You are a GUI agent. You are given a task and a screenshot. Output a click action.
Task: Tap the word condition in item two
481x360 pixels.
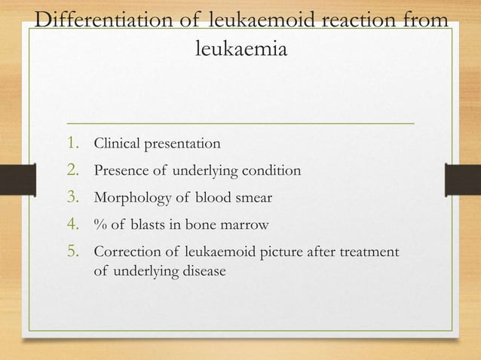273,172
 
